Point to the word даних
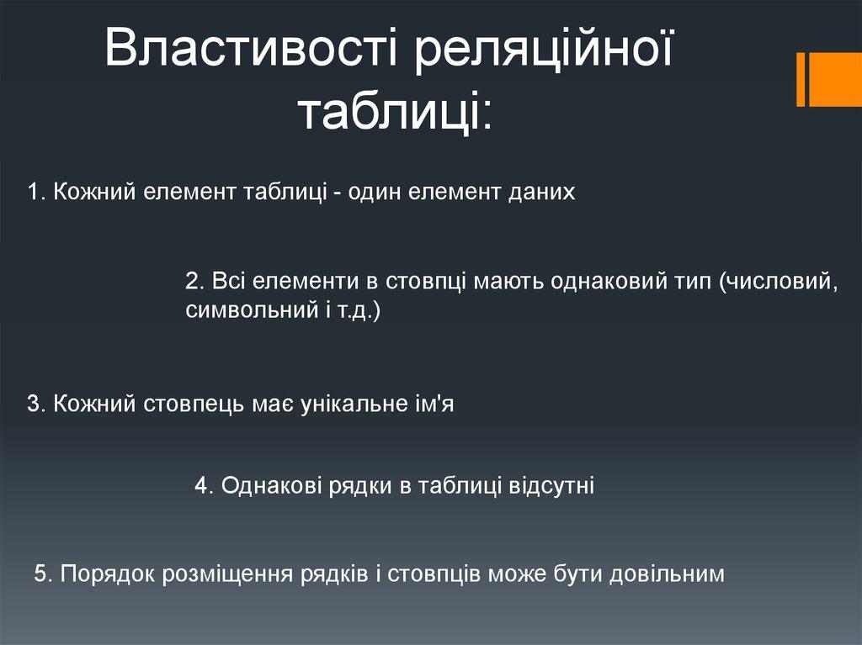[x=541, y=193]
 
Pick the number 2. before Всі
[x=195, y=282]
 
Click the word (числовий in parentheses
[x=778, y=282]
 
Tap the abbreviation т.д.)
[x=357, y=311]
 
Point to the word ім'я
[x=432, y=404]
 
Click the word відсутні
[x=551, y=486]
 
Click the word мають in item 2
[x=508, y=282]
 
